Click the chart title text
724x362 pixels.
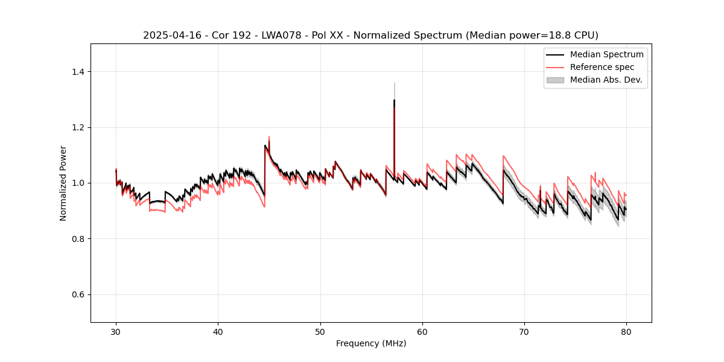pos(370,36)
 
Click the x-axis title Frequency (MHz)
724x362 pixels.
pos(371,343)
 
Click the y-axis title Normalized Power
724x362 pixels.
pos(63,183)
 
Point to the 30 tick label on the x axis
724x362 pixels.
pos(116,331)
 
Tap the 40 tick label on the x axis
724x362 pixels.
pos(218,331)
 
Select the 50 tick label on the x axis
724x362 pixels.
pos(320,331)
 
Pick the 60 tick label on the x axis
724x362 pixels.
pos(422,331)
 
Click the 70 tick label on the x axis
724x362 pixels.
pos(524,331)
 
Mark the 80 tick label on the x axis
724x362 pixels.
pos(626,331)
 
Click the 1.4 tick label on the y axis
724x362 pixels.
pos(78,72)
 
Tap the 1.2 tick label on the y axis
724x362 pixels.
pos(78,127)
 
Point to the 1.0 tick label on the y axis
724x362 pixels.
pos(78,183)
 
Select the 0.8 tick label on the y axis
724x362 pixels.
pos(78,239)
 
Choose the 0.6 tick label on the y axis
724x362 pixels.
pos(78,294)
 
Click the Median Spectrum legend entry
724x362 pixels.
pos(606,54)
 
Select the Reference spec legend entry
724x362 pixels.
pos(602,67)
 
